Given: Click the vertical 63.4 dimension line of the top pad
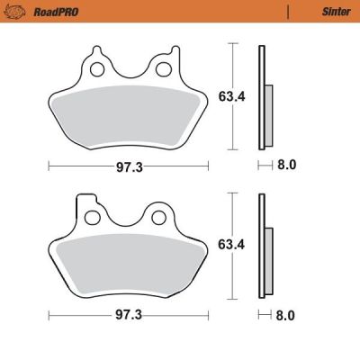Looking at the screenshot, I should pyautogui.click(x=233, y=126).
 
